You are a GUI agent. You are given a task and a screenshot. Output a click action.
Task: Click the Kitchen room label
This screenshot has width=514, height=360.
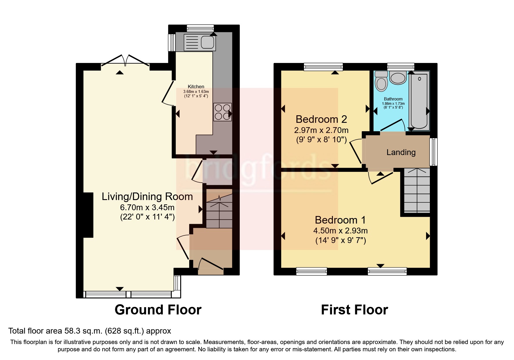click(x=196, y=87)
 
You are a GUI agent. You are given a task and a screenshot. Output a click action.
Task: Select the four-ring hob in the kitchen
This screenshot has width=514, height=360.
click(x=223, y=112)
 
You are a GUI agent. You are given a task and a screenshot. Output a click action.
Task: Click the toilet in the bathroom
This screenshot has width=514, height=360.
click(x=381, y=81)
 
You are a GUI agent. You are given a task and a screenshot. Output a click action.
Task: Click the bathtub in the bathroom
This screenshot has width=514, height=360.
click(x=419, y=100)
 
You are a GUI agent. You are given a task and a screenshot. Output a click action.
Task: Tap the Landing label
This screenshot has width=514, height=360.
click(x=401, y=152)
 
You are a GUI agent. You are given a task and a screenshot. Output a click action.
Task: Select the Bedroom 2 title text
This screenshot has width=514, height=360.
click(x=321, y=119)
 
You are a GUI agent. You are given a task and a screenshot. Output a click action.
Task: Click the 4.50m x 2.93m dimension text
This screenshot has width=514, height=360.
click(x=340, y=231)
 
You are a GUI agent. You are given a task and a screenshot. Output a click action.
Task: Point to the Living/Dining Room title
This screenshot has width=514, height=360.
click(x=147, y=197)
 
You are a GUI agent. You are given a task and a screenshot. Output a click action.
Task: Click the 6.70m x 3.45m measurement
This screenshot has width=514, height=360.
click(x=147, y=208)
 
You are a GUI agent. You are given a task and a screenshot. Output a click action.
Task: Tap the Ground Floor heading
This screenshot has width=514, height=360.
click(x=158, y=310)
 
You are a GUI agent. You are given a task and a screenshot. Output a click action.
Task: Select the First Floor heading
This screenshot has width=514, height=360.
click(x=354, y=310)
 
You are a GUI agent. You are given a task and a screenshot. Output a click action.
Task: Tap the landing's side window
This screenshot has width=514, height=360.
click(x=433, y=152)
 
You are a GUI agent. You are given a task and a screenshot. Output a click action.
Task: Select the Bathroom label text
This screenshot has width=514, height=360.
click(x=393, y=99)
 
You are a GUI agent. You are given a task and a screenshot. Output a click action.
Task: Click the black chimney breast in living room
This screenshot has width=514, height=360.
click(x=88, y=215)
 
